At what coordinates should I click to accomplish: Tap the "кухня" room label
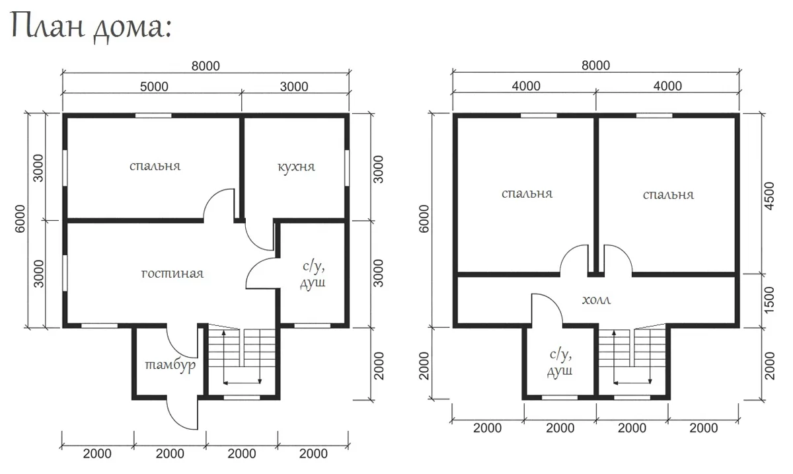(x=296, y=167)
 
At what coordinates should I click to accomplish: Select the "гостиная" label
(x=172, y=274)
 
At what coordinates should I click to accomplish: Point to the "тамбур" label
(x=170, y=365)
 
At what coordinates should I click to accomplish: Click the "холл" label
(x=597, y=300)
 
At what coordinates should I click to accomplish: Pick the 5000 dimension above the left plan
(x=154, y=87)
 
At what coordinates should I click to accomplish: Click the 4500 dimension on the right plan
(x=769, y=196)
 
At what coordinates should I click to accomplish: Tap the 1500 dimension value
(x=769, y=300)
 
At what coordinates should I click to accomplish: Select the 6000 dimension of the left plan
(x=20, y=219)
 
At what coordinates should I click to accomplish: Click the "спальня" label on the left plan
(x=155, y=166)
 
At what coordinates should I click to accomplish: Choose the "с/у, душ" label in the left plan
(x=313, y=276)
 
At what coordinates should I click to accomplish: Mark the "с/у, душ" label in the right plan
(x=560, y=363)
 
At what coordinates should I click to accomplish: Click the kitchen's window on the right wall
(x=347, y=167)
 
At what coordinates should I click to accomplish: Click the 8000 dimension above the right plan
(x=596, y=65)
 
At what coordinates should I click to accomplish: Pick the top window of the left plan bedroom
(x=153, y=116)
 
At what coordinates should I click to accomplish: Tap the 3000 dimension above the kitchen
(x=294, y=87)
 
